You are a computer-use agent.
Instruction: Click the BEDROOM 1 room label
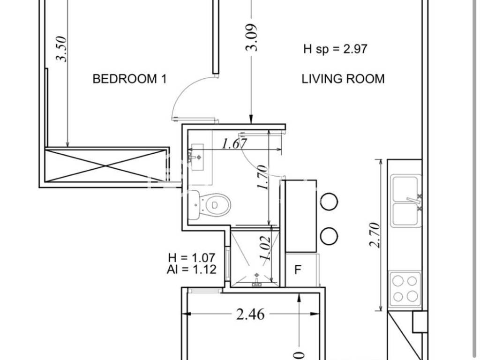[x=129, y=79]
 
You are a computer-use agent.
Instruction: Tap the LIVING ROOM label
[x=343, y=79]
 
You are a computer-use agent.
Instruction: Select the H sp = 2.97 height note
[x=335, y=49]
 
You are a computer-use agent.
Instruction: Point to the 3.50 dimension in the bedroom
[x=61, y=49]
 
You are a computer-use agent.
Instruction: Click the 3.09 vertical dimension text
[x=252, y=37]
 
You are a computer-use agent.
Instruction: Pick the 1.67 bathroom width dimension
[x=234, y=143]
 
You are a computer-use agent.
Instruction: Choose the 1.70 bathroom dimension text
[x=262, y=177]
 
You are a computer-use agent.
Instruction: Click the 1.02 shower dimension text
[x=265, y=248]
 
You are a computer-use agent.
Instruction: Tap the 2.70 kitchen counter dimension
[x=375, y=235]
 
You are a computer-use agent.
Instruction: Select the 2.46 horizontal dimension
[x=250, y=315]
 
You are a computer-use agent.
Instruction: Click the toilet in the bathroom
[x=210, y=204]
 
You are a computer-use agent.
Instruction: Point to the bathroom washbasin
[x=197, y=157]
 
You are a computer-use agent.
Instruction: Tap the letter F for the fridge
[x=298, y=270]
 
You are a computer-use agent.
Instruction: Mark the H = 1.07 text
[x=192, y=258]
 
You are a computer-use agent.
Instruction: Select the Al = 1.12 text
[x=192, y=270]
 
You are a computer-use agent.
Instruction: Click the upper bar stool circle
[x=329, y=202]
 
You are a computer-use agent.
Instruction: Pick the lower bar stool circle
[x=329, y=236]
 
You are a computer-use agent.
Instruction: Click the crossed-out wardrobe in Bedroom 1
[x=106, y=165]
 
